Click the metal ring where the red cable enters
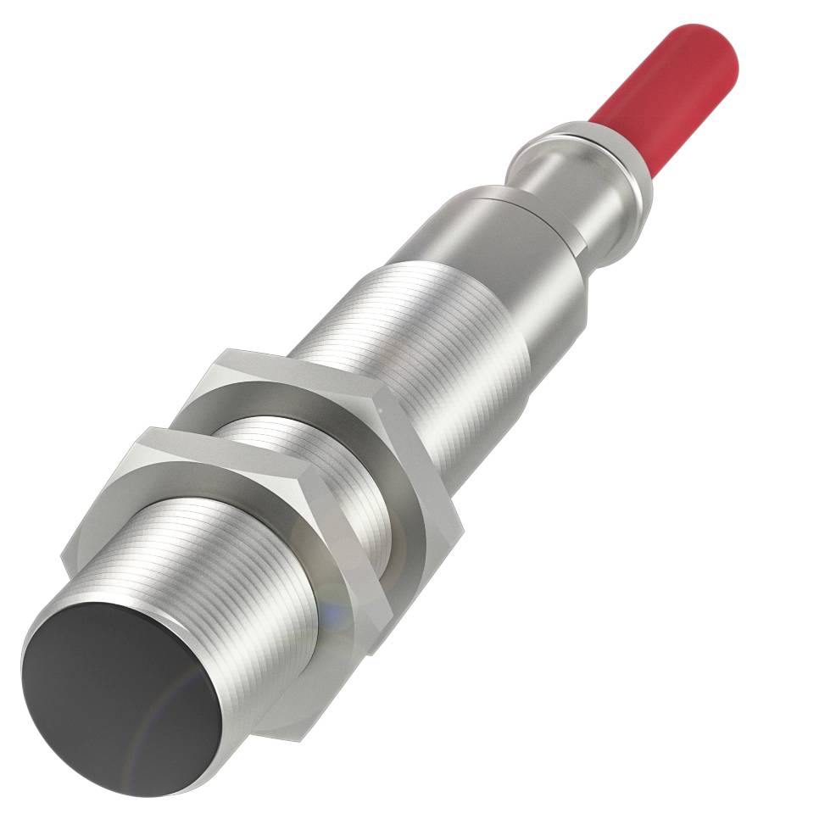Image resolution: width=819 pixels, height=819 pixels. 593,153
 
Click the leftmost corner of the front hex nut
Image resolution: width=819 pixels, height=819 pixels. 64,560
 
